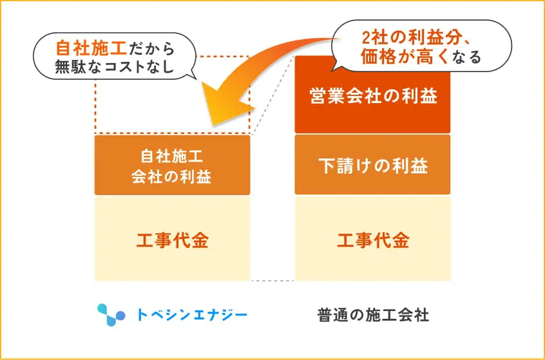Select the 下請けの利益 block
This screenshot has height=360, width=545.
point(372,165)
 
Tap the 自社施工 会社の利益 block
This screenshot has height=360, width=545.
point(172,165)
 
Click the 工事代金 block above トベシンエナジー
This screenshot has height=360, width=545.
point(172,241)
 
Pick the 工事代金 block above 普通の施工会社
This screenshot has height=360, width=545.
point(372,241)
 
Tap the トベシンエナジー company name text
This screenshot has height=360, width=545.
point(192,315)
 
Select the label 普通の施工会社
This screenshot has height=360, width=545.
point(373,315)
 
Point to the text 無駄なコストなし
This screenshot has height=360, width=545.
point(115,66)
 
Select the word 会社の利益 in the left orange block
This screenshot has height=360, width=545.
point(172,176)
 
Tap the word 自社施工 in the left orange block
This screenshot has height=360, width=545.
point(172,155)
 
